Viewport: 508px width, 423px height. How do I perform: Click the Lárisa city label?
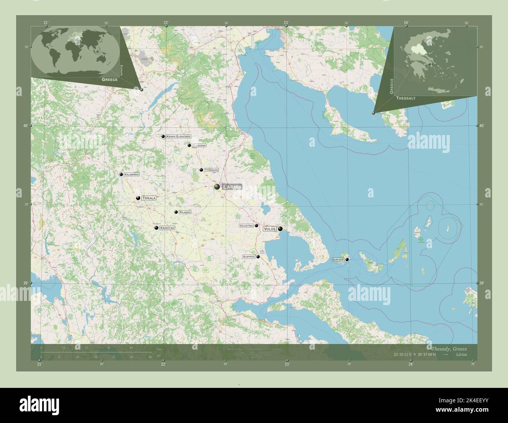point(232,187)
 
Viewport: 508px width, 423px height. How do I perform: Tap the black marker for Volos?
point(280,229)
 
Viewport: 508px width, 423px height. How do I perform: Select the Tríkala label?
point(149,198)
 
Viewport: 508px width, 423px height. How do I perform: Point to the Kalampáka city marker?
point(121,174)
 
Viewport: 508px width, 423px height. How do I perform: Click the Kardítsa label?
point(167,228)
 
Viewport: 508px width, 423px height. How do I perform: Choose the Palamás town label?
point(185,212)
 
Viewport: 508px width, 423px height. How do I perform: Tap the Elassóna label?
point(199,146)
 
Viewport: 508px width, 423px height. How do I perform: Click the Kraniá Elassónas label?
point(178,137)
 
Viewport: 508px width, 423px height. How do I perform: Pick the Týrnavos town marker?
point(201,170)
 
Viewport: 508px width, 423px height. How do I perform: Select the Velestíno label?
point(246,226)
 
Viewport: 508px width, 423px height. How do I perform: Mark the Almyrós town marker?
point(258,257)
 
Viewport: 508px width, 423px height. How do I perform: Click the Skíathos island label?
point(337,259)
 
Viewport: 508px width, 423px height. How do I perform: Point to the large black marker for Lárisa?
point(217,187)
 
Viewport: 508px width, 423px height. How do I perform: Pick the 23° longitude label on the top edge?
point(286,23)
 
